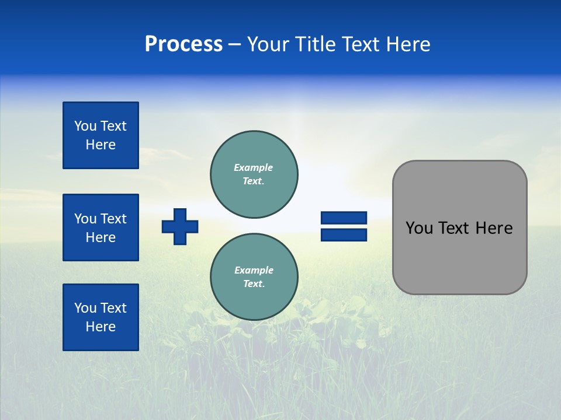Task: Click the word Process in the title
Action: (x=183, y=44)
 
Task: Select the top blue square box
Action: (x=101, y=135)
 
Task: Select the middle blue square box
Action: (x=101, y=228)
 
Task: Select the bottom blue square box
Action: (x=101, y=317)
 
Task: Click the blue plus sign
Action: (x=180, y=226)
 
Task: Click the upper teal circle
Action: (x=254, y=174)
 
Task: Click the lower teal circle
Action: (x=254, y=276)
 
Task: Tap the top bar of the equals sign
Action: (x=344, y=218)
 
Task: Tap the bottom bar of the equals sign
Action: (x=344, y=235)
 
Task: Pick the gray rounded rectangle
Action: (x=459, y=257)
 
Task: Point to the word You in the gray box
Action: (x=418, y=228)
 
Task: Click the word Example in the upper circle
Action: (x=254, y=167)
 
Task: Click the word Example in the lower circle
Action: (x=254, y=270)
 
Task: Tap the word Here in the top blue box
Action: (x=101, y=145)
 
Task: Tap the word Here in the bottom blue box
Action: (x=101, y=327)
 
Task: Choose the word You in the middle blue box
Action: (x=86, y=219)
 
